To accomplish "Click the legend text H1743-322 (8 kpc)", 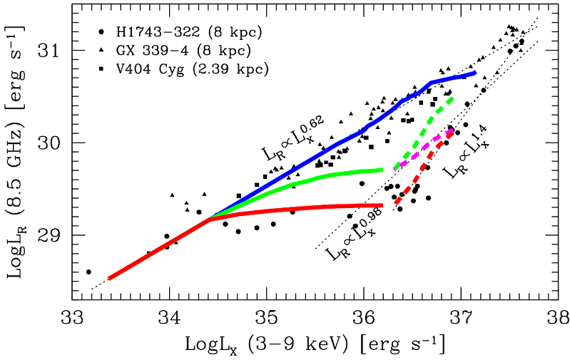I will [x=176, y=33].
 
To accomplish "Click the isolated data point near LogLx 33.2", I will [x=88, y=272].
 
